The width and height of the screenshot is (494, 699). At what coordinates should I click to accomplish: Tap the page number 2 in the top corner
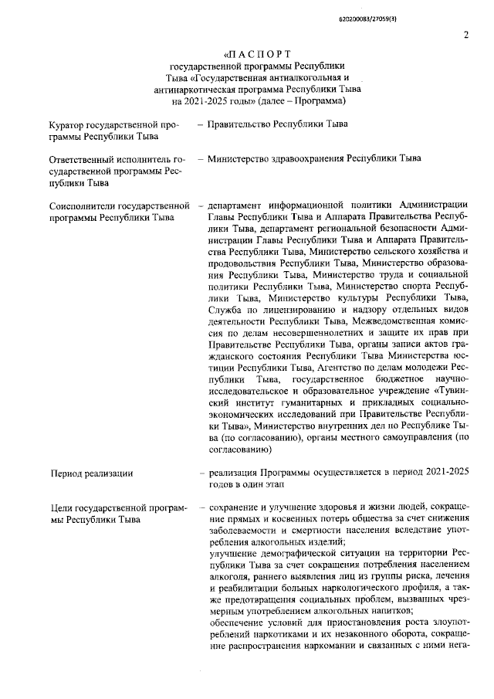tap(465, 35)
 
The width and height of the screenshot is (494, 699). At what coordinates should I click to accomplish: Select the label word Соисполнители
tap(86, 206)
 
